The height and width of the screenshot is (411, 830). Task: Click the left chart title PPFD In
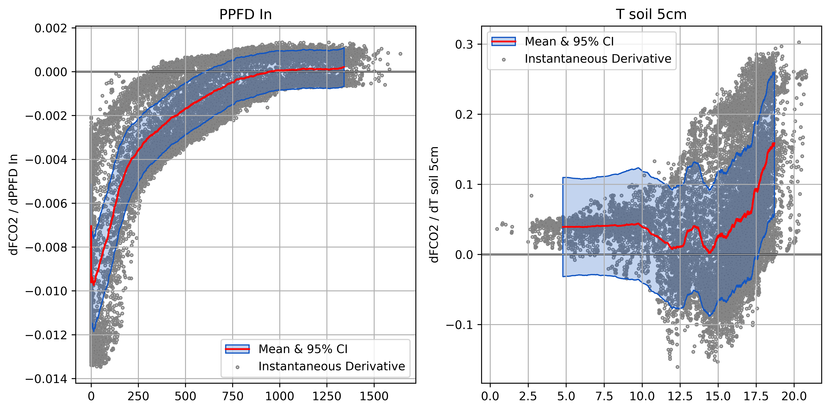[246, 15]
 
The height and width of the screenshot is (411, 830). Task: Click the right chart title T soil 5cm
[651, 15]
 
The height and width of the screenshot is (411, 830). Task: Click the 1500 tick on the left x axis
[374, 396]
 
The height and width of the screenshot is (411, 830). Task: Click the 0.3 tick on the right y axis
[464, 44]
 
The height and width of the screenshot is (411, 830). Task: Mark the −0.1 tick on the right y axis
[459, 325]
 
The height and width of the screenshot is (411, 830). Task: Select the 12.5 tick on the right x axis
[680, 396]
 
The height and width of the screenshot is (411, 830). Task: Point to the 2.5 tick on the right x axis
[528, 396]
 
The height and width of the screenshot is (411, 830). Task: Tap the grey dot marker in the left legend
[237, 367]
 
